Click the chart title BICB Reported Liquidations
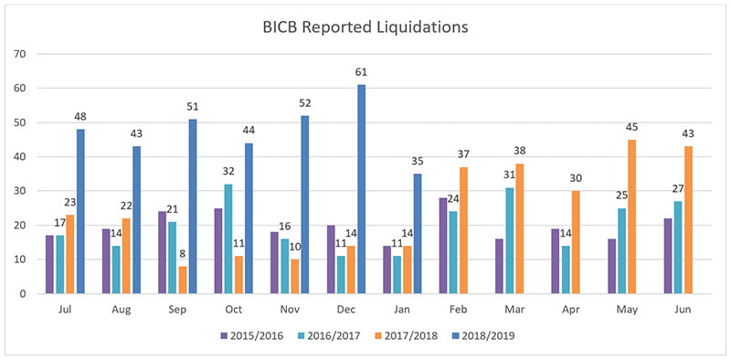(x=365, y=26)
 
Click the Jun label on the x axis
(x=678, y=309)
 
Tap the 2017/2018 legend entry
(x=411, y=334)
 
